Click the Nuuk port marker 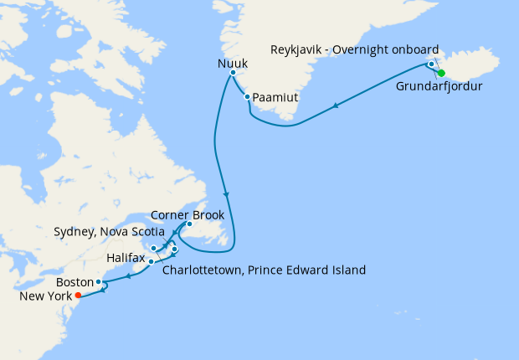(233, 74)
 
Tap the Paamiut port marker (248, 97)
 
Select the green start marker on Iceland (441, 73)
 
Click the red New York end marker (78, 296)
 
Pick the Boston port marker (99, 282)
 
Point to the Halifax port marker (151, 261)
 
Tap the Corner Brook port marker (190, 224)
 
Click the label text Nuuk (233, 61)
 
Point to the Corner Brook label (187, 214)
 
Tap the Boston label (76, 282)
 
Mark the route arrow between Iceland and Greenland (336, 105)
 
